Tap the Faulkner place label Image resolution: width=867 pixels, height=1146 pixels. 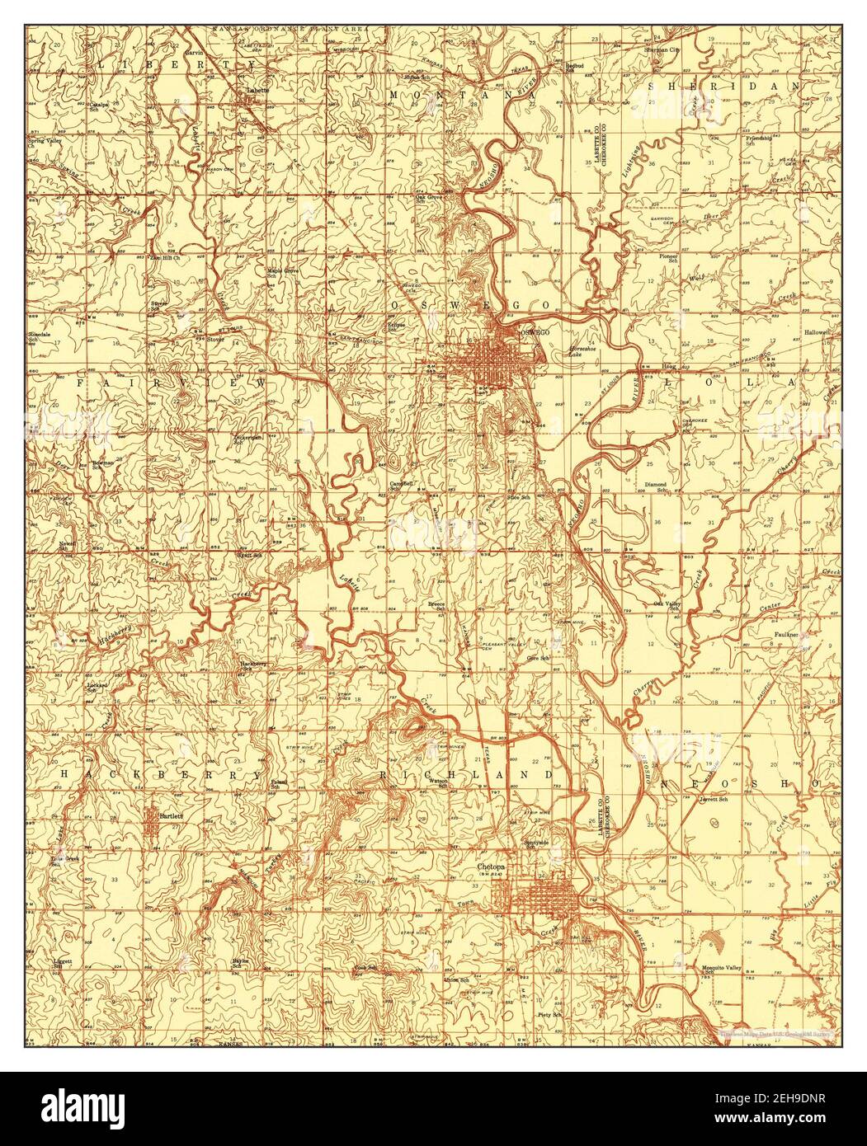[x=787, y=634]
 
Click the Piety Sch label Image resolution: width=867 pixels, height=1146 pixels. [x=549, y=1015]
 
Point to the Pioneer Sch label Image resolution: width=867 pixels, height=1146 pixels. [x=668, y=258]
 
